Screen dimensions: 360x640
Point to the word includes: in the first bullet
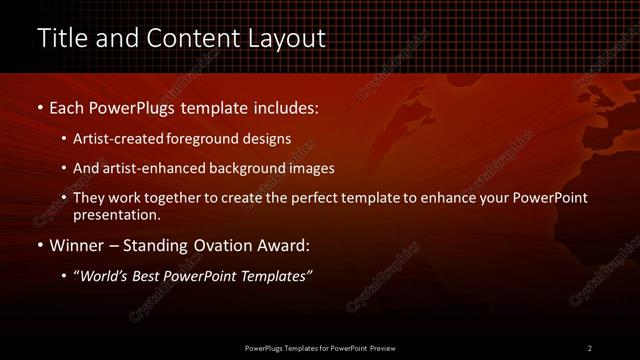(283, 105)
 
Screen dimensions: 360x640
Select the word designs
(266, 137)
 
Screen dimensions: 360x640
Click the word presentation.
(116, 214)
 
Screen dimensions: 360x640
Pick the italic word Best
(151, 275)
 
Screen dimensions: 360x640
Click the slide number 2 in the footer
(589, 347)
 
